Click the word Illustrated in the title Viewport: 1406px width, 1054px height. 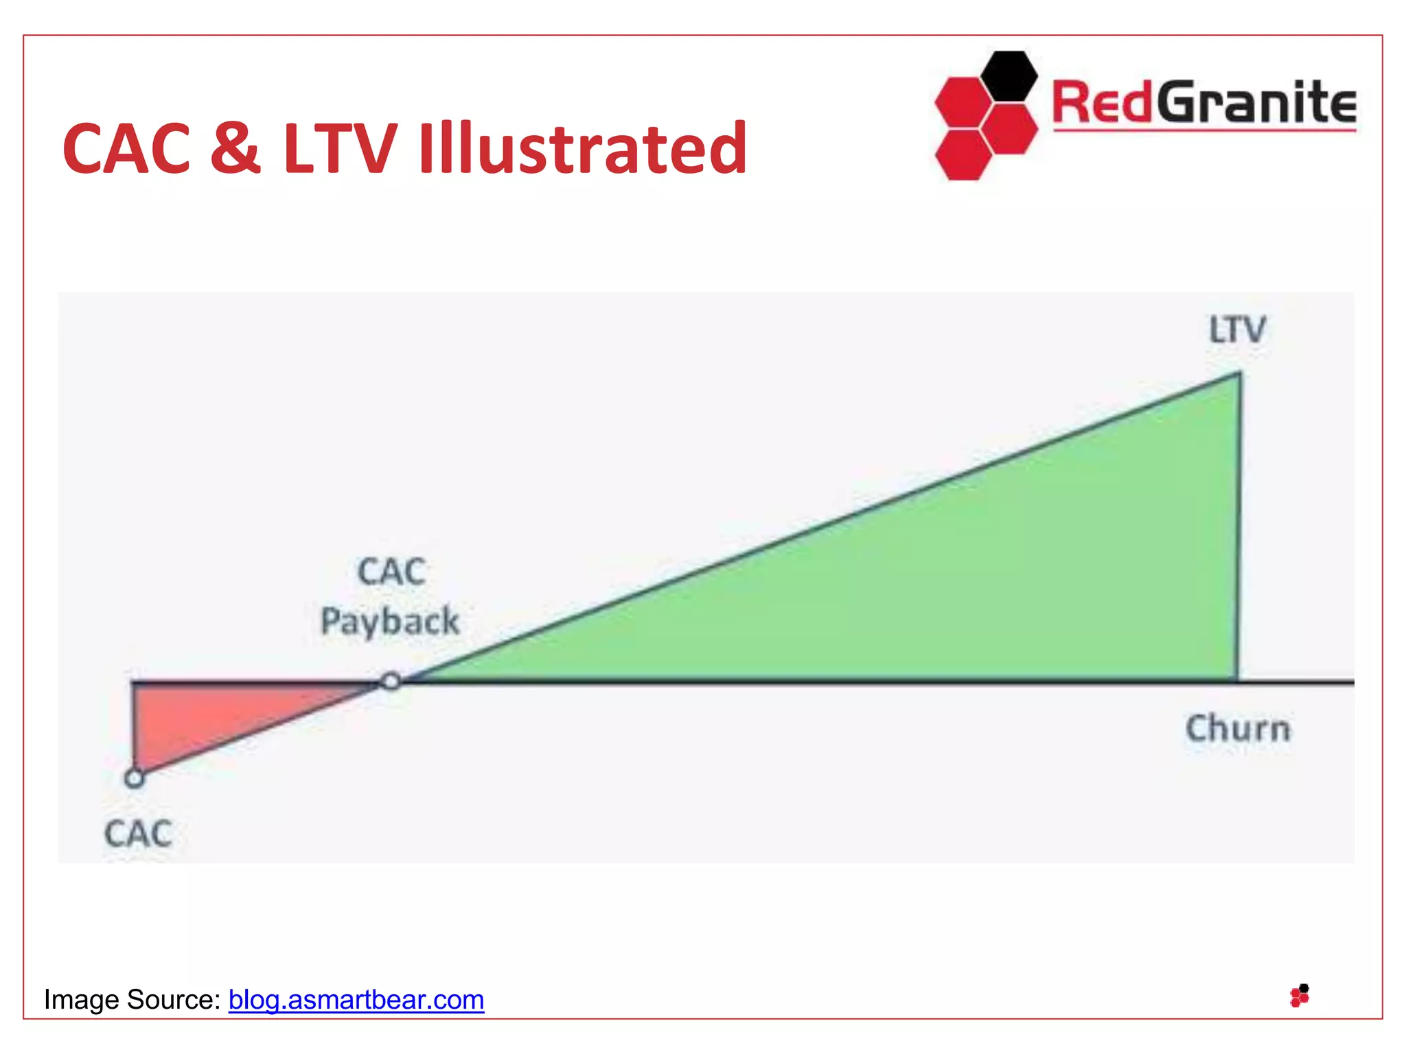tap(582, 148)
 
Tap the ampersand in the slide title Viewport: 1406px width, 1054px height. tap(235, 148)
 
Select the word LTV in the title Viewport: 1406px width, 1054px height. tap(340, 148)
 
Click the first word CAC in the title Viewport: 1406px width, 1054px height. tap(126, 148)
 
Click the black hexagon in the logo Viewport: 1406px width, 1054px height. tap(1009, 76)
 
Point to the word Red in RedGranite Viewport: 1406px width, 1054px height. tap(1102, 103)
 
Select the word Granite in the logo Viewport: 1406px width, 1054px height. tap(1256, 103)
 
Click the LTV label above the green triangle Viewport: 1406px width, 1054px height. tap(1237, 330)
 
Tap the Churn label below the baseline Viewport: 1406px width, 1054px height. tap(1238, 729)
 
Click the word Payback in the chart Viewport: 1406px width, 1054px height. tap(390, 621)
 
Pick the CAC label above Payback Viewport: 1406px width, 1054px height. tap(391, 572)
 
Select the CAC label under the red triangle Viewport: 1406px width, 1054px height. tap(138, 834)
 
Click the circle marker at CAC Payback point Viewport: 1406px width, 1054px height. tap(391, 681)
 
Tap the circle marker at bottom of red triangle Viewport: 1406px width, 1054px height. tap(135, 778)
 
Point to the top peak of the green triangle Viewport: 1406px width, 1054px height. tap(1238, 375)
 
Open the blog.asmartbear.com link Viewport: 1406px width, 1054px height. tap(356, 1000)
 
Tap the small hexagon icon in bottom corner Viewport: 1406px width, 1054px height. tap(1300, 996)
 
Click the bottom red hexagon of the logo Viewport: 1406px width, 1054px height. tap(963, 155)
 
